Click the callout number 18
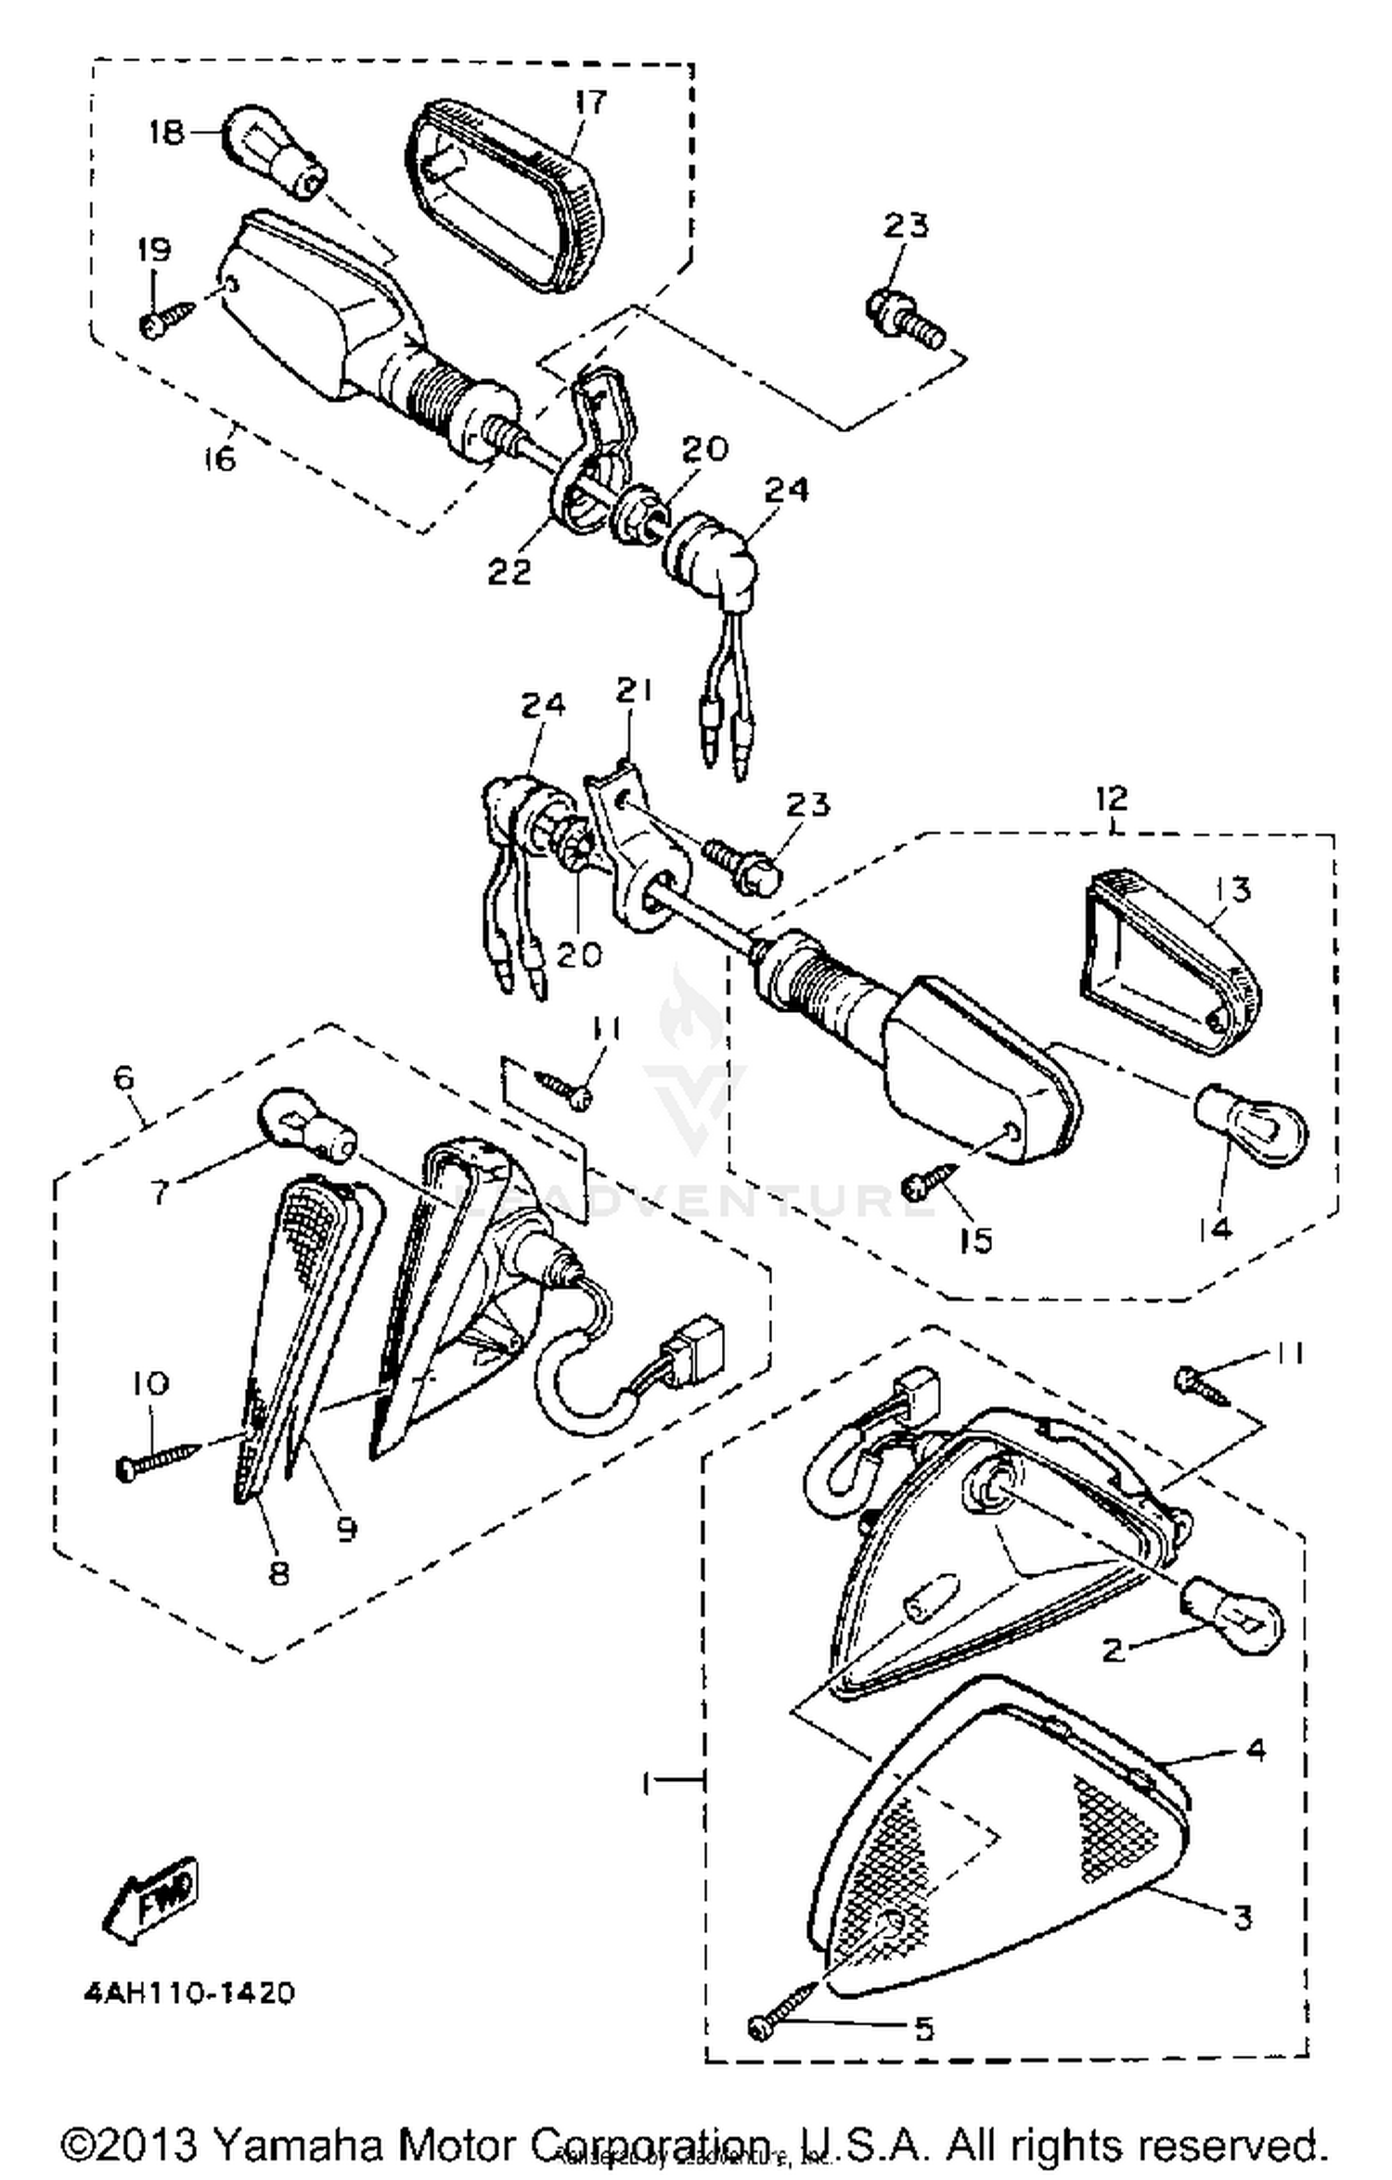point(166,133)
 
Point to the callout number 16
point(221,458)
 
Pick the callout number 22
point(509,571)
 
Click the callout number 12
point(1111,798)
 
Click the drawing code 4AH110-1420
point(189,1993)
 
